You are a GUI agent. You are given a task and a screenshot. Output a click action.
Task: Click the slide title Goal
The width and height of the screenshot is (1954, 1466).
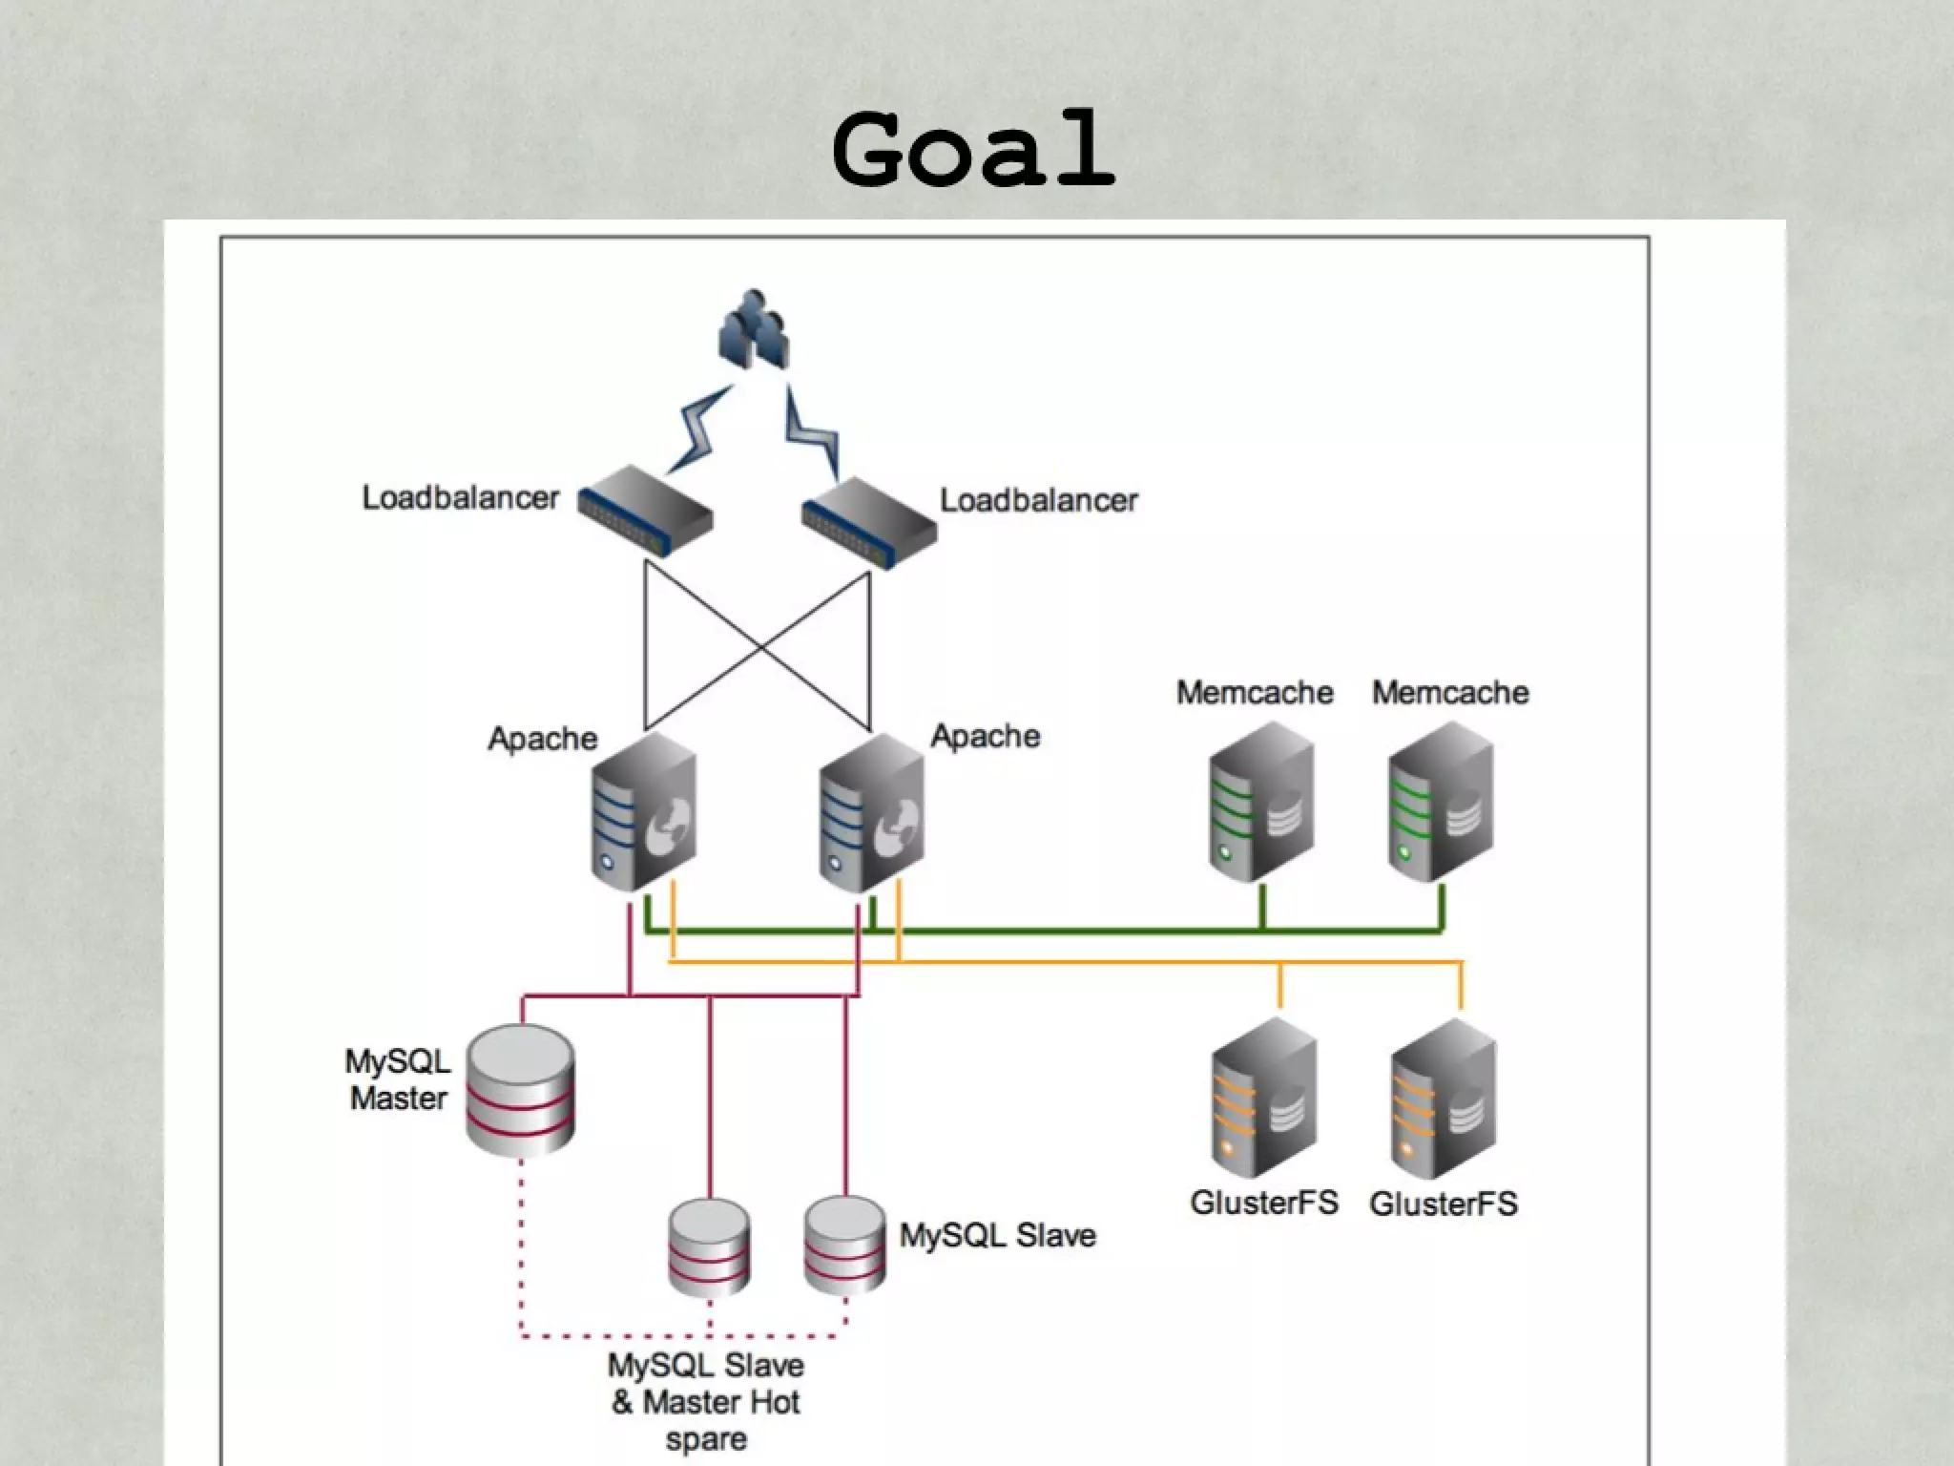973,151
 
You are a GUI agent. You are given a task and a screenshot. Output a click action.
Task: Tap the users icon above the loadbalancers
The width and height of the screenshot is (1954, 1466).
754,330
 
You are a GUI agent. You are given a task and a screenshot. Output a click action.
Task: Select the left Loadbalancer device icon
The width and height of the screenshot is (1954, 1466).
645,510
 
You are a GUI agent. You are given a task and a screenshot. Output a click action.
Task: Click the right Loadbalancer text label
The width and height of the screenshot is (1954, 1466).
1039,500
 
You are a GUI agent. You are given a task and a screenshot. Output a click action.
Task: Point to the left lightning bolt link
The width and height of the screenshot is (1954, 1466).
700,429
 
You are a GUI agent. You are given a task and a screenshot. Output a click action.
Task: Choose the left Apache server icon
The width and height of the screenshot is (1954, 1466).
643,811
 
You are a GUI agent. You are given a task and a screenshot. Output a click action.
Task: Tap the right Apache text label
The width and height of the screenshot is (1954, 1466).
985,736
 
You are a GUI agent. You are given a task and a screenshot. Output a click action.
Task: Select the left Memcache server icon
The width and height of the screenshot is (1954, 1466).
1260,802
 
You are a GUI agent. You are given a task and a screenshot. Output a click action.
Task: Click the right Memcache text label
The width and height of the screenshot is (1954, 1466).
1450,692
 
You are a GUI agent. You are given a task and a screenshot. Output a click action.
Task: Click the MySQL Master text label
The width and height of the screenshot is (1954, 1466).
398,1079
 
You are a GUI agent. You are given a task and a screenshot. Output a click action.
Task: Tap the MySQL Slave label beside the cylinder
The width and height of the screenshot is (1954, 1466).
997,1235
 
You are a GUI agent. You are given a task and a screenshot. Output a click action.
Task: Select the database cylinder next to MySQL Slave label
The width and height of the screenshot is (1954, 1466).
844,1245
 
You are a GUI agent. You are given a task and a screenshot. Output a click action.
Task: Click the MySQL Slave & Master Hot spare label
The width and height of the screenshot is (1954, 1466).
706,1402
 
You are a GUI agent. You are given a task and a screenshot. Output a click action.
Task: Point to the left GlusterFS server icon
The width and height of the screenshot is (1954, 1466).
1264,1098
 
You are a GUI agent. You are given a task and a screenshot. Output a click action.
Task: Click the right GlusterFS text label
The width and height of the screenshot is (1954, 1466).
1443,1204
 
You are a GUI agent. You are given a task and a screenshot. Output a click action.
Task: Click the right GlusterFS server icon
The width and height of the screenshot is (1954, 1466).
1443,1098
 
